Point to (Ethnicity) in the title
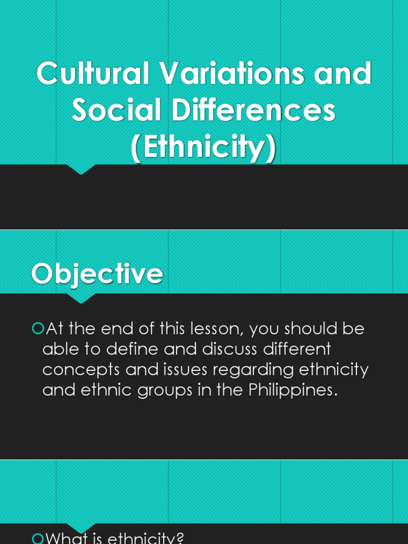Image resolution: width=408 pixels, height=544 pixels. [204, 148]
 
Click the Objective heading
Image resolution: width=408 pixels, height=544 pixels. [97, 274]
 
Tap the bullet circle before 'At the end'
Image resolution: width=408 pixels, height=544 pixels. [37, 329]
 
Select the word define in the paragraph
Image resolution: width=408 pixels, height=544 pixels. [120, 350]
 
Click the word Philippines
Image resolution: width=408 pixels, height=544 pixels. [293, 390]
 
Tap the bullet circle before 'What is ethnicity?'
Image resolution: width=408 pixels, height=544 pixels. [37, 539]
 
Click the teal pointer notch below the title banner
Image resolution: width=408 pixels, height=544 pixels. [81, 169]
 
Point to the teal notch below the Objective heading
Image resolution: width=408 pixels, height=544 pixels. [81, 298]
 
